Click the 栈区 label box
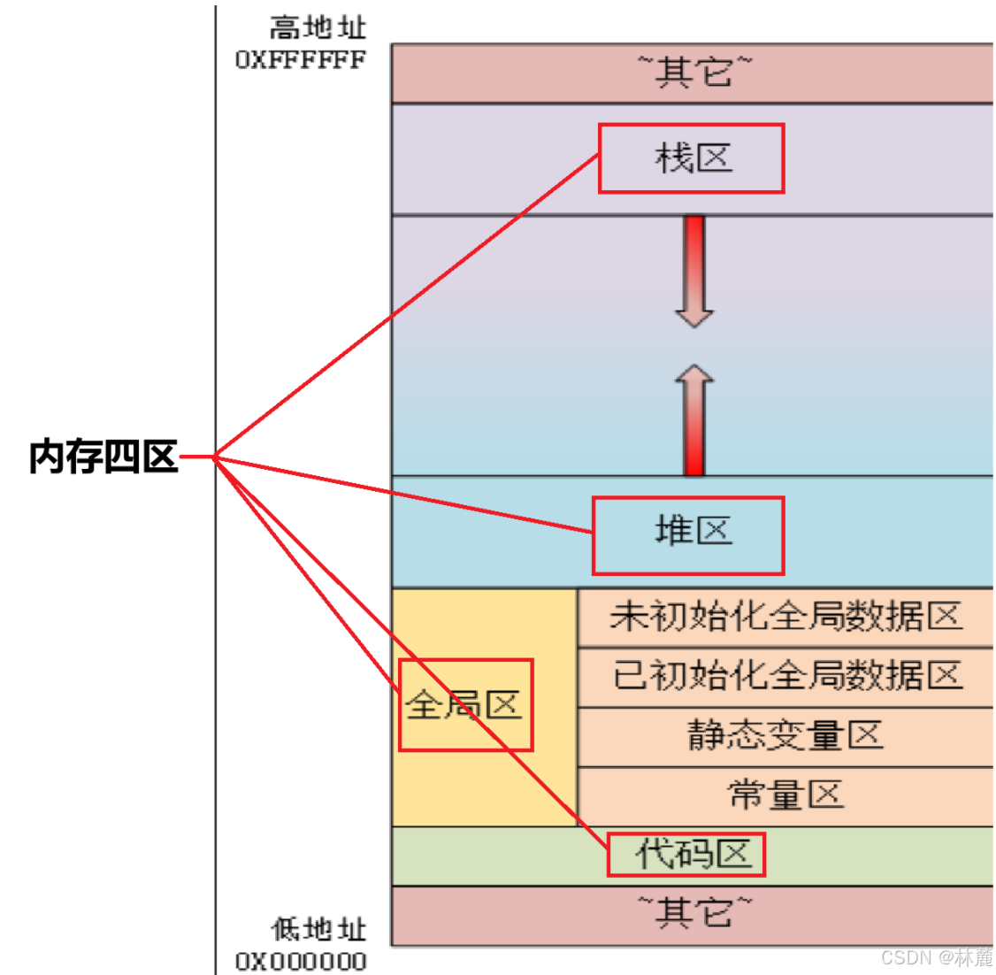(x=692, y=158)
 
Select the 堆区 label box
(x=688, y=535)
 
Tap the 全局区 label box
(x=465, y=705)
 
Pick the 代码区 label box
(x=686, y=855)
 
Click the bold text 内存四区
(x=103, y=457)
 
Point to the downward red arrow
(x=694, y=271)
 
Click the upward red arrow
(x=694, y=420)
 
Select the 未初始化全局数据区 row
(x=785, y=617)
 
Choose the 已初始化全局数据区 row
(x=785, y=676)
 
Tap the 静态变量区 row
(x=785, y=735)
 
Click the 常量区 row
(x=785, y=795)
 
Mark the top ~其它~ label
(x=694, y=71)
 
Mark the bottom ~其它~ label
(x=694, y=912)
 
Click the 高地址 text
(x=318, y=28)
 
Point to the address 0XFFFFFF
(x=301, y=60)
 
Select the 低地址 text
(x=318, y=929)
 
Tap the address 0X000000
(x=301, y=961)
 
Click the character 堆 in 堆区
(x=672, y=531)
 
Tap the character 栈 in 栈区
(x=672, y=158)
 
